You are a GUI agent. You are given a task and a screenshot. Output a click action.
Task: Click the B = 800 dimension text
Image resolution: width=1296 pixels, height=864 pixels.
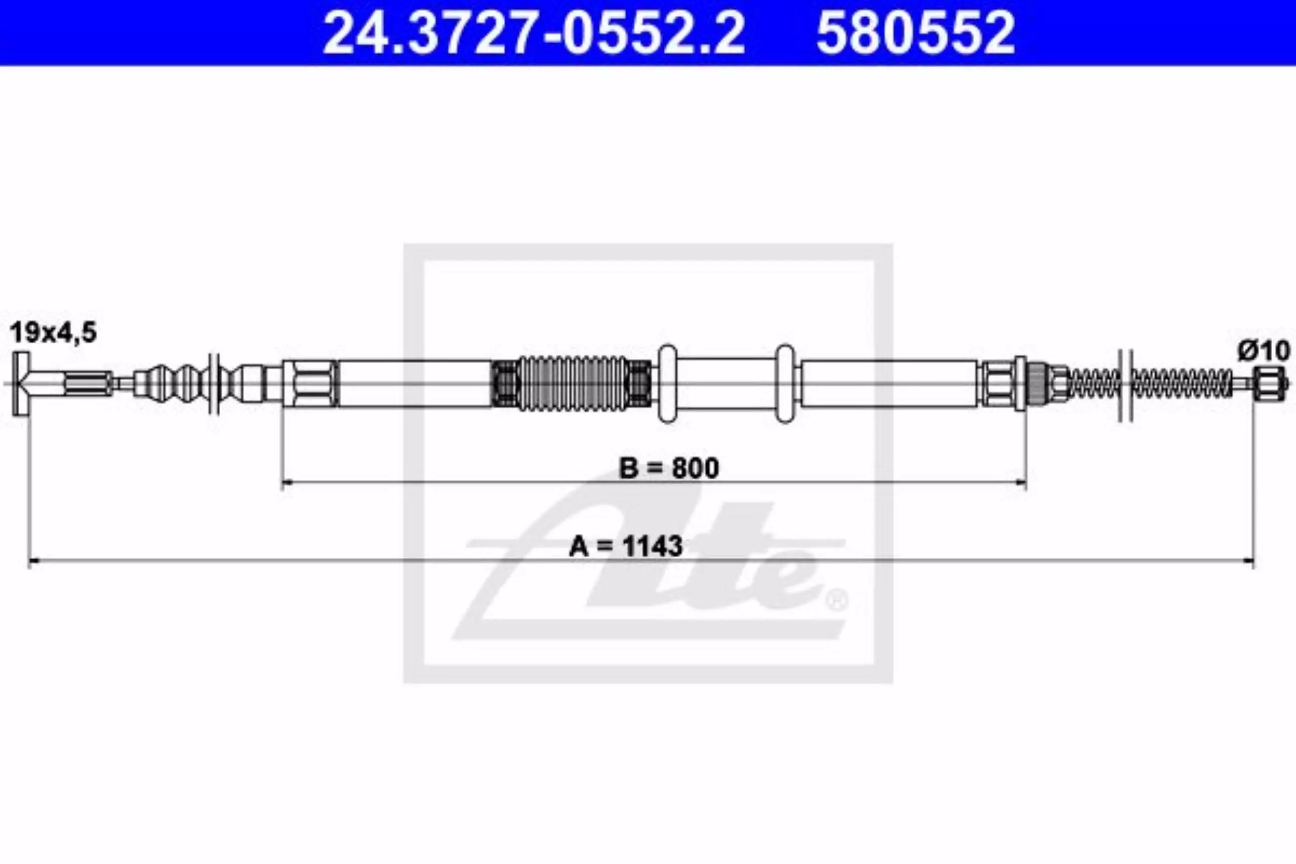(x=669, y=468)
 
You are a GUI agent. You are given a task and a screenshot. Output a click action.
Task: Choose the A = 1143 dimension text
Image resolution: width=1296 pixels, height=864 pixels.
(x=626, y=546)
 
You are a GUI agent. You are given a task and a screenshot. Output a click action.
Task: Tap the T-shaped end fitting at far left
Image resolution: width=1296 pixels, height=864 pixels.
(x=21, y=384)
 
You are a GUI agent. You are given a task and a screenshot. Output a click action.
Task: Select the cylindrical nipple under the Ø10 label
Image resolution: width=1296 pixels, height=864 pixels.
(x=1269, y=384)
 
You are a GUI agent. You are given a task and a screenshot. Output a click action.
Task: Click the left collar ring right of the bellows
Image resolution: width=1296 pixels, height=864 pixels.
(x=667, y=384)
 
